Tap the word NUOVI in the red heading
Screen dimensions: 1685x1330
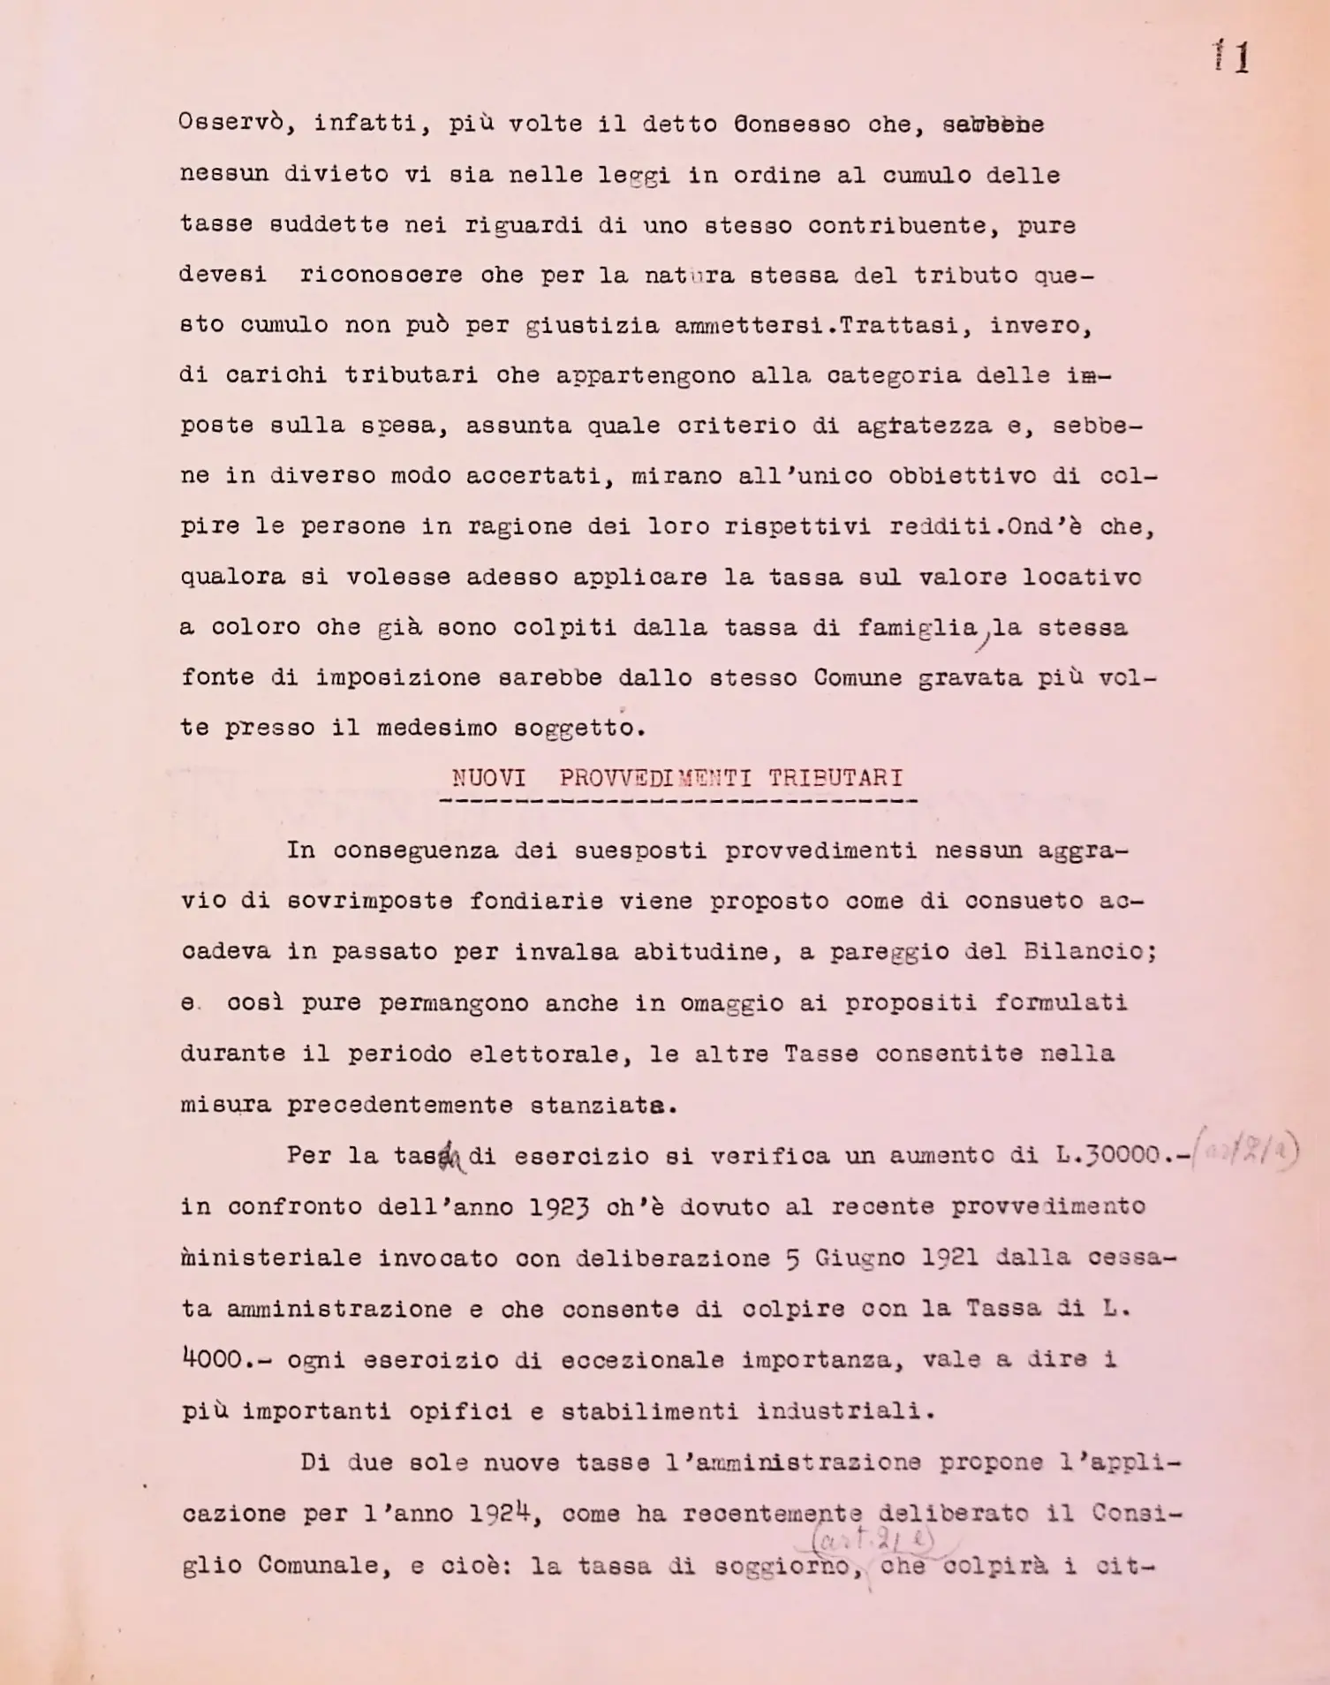click(488, 778)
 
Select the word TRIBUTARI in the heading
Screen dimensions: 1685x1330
click(835, 778)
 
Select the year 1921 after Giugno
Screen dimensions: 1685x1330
click(949, 1257)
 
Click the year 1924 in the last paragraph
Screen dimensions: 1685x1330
click(499, 1513)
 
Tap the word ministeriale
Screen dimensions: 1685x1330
click(271, 1258)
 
